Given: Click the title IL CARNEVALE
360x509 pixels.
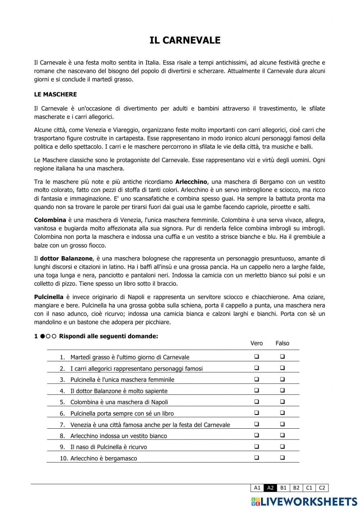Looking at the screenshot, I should coord(185,40).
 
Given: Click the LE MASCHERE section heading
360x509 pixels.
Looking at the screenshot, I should coord(55,94).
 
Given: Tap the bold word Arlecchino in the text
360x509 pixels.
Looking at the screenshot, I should coord(191,182).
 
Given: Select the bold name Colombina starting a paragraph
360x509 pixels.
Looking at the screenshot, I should coord(50,220).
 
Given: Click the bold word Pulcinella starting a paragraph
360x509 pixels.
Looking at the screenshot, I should coord(49,297).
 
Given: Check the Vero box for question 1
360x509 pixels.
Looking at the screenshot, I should coord(257,357).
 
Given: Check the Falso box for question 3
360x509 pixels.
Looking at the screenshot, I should coord(282,379).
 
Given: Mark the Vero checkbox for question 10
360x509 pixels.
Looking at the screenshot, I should coord(257,458).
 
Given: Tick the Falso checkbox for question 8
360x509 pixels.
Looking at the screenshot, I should coord(282,435).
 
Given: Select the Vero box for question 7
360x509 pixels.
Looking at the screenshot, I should coord(257,424).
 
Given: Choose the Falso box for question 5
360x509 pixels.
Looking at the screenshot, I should coord(282,402).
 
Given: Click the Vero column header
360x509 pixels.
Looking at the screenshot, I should coord(257,343).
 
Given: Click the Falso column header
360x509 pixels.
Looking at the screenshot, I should coord(282,343).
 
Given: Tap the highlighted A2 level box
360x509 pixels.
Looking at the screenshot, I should coord(270,488).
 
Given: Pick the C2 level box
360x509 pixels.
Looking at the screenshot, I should coord(322,488).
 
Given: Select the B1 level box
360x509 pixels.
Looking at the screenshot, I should coord(283,488).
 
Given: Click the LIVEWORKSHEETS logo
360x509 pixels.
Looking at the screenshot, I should coord(304,501).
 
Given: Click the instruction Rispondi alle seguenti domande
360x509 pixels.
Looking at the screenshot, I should coord(108,336).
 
